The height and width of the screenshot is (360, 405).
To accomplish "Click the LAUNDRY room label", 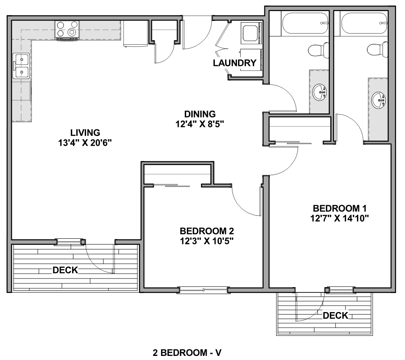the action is [234, 63].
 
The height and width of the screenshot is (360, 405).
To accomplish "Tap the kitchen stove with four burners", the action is [67, 30].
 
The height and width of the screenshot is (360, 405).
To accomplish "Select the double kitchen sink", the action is [21, 66].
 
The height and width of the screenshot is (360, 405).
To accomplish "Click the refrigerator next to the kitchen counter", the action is [135, 34].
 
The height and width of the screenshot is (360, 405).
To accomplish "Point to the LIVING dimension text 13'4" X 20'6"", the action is [85, 143].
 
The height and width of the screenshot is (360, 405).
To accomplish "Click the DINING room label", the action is [200, 114].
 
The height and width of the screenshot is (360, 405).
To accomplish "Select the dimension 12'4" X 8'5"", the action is [200, 124].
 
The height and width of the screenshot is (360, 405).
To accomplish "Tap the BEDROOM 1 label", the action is [340, 208].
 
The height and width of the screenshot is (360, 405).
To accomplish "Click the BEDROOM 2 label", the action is [207, 231].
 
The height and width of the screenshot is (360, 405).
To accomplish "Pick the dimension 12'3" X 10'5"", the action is [207, 241].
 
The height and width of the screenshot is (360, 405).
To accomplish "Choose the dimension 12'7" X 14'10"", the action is [339, 218].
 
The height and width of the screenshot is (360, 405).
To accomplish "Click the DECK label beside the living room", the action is [65, 270].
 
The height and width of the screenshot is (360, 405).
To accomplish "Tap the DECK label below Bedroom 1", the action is [336, 315].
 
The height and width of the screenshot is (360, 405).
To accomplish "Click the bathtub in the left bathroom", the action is [305, 23].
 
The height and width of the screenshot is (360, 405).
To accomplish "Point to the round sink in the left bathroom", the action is [319, 92].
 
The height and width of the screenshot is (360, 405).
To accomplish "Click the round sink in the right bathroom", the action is [379, 100].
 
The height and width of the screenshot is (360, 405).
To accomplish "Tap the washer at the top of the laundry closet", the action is [251, 33].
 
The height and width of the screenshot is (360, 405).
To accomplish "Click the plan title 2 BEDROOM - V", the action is [187, 353].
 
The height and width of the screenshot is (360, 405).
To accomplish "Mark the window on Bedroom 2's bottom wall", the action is [204, 290].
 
